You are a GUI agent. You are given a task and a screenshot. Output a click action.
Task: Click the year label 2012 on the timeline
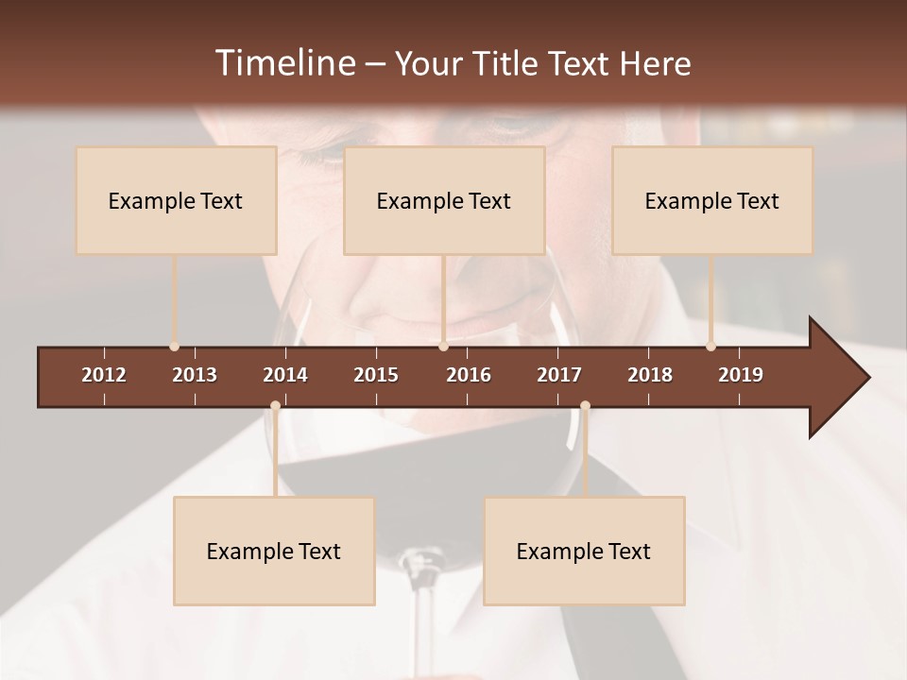(x=104, y=375)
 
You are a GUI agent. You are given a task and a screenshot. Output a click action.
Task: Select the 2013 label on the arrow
(x=195, y=375)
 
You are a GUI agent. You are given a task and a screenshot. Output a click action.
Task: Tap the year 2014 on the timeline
(x=285, y=375)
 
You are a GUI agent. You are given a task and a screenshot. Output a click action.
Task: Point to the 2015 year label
(x=376, y=375)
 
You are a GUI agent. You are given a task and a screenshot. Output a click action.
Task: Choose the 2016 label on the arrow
(x=469, y=375)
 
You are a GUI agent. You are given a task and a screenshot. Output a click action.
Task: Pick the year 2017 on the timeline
(x=559, y=375)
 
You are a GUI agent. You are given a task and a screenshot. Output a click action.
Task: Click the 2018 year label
(x=650, y=375)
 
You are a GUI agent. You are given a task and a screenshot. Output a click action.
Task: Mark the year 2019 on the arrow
(x=741, y=375)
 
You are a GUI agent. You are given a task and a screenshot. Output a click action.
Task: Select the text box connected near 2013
(x=176, y=201)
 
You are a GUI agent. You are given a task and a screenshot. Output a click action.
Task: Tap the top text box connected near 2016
(x=444, y=201)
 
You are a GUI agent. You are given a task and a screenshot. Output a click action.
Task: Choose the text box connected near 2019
(x=712, y=201)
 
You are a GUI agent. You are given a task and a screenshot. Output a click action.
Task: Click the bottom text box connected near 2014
(x=274, y=552)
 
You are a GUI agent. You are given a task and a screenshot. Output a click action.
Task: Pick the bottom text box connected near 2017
(x=584, y=552)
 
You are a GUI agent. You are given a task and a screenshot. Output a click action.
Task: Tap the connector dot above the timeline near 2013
(x=174, y=347)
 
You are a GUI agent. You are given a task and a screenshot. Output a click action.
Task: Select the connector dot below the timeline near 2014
(x=275, y=406)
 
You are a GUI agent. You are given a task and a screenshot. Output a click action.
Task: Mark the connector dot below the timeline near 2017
(x=585, y=406)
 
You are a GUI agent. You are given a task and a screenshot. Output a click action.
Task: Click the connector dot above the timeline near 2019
(x=710, y=347)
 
